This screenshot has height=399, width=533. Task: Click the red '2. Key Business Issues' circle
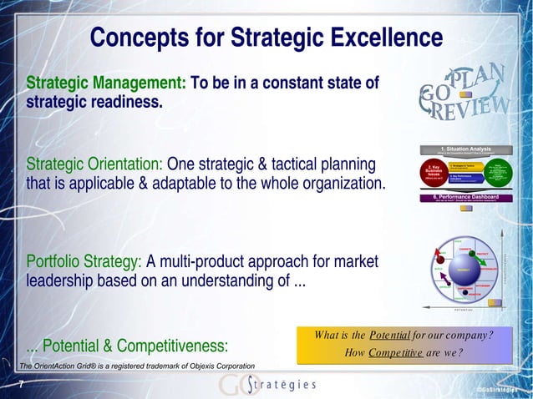point(439,174)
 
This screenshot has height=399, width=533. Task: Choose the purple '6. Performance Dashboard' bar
point(475,198)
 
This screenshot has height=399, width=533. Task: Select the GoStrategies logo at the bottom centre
point(267,384)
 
